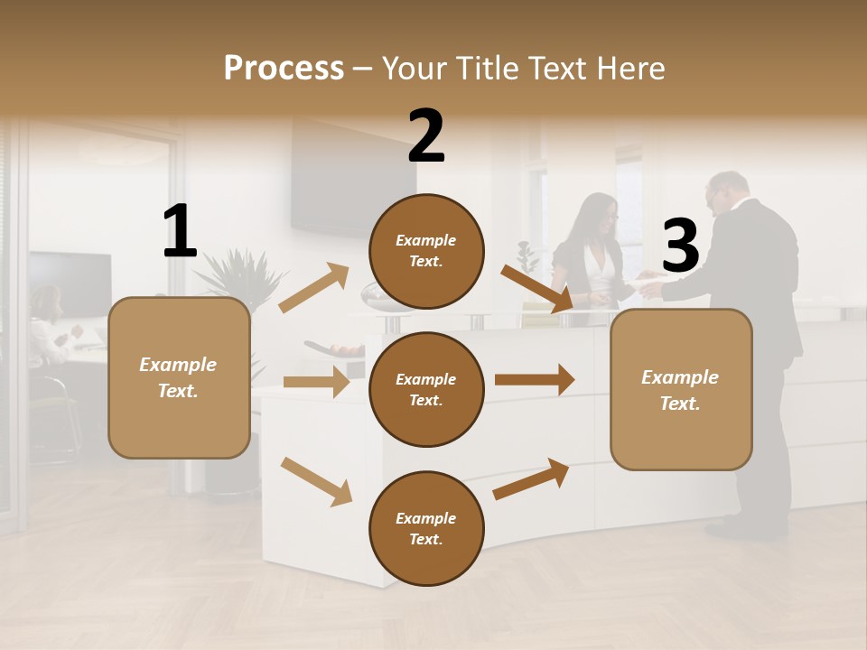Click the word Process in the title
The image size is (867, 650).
[x=284, y=68]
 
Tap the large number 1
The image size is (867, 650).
[x=180, y=231]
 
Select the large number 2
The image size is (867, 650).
[x=426, y=136]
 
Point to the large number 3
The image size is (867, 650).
[x=680, y=246]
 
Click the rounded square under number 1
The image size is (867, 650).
[x=179, y=377]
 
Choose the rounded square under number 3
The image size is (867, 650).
[x=681, y=389]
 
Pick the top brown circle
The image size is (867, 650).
[x=426, y=251]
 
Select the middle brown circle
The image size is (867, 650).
[x=426, y=389]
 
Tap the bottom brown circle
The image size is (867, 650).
[x=426, y=528]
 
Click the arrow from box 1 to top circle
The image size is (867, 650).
[x=314, y=288]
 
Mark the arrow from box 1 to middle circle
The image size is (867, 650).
[x=316, y=382]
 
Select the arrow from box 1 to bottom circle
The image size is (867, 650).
[x=316, y=480]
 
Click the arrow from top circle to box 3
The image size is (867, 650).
[x=536, y=288]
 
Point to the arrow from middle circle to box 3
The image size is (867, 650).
[x=535, y=380]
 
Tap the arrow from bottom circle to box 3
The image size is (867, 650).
[x=531, y=479]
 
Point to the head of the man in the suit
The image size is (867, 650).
[x=727, y=190]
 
